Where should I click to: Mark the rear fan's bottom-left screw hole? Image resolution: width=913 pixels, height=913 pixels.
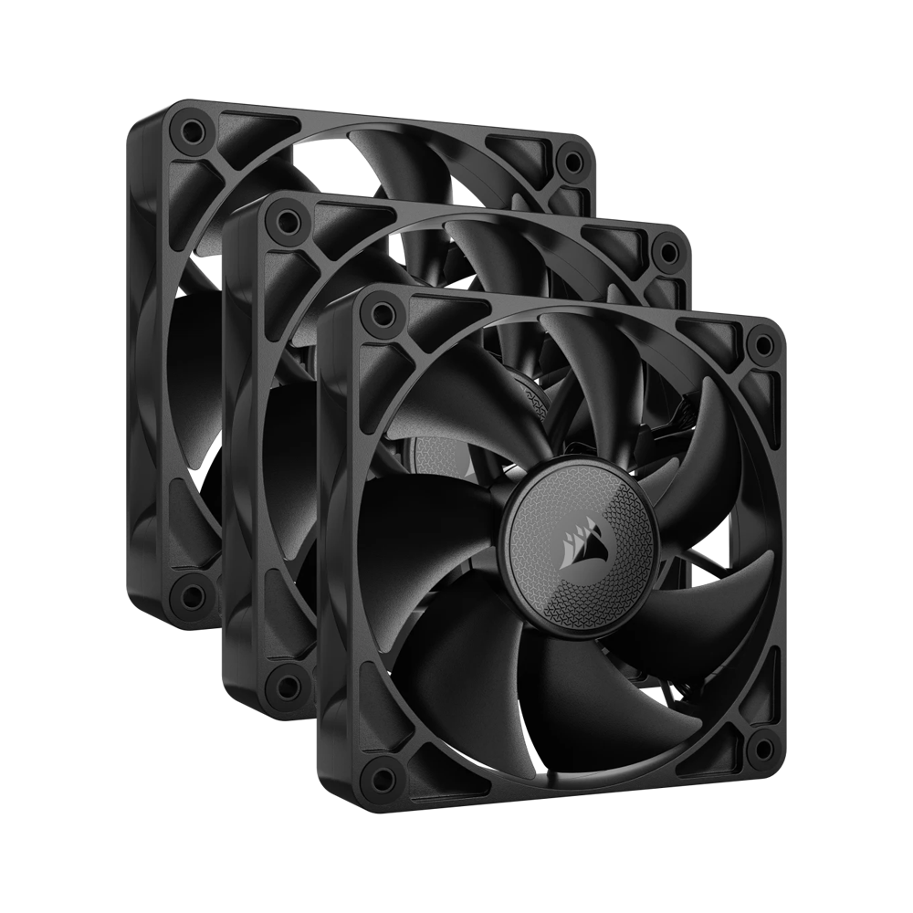coord(191,595)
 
